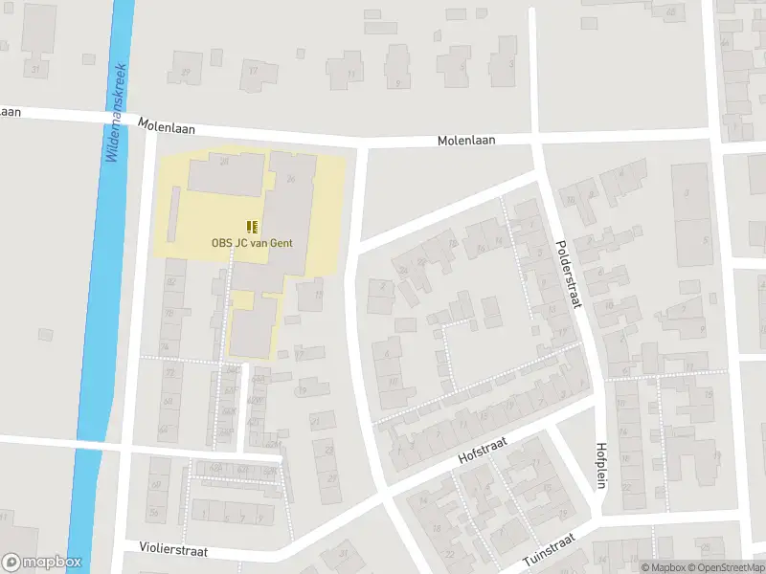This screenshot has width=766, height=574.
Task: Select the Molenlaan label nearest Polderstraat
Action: pyautogui.click(x=466, y=140)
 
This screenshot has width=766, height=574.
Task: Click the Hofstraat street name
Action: pyautogui.click(x=482, y=447)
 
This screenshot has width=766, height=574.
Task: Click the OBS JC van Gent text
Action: pyautogui.click(x=252, y=243)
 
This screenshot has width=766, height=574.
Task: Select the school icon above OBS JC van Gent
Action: pyautogui.click(x=252, y=227)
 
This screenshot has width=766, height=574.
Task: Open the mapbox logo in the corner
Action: pyautogui.click(x=42, y=563)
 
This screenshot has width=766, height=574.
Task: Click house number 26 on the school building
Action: pyautogui.click(x=290, y=179)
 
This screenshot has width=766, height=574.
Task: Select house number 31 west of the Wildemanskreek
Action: pyautogui.click(x=36, y=70)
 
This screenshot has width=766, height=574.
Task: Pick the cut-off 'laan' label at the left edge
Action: pyautogui.click(x=11, y=111)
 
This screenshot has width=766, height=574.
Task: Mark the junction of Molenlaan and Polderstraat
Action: pyautogui.click(x=535, y=139)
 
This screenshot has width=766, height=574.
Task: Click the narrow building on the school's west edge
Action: pyautogui.click(x=173, y=213)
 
